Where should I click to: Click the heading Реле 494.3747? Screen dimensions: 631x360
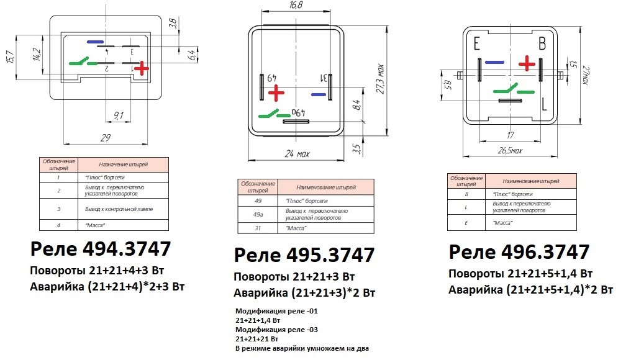(x=101, y=249)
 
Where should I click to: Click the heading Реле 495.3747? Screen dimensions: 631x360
(x=304, y=255)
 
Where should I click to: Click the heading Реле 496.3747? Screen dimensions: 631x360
(x=519, y=252)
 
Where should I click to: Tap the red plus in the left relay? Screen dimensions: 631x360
(x=142, y=68)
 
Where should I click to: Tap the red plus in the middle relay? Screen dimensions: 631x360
(x=276, y=94)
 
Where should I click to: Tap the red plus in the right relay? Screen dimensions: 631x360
(x=527, y=63)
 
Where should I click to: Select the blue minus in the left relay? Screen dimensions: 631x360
(x=95, y=42)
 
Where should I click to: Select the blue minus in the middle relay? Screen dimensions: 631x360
(x=318, y=95)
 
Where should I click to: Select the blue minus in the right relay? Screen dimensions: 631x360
(x=494, y=63)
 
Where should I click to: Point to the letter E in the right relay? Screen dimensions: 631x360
(x=477, y=44)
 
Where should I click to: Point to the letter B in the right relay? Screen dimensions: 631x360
(x=542, y=44)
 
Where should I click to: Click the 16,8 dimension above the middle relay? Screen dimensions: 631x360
(x=296, y=5)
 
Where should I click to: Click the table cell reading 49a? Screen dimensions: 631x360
(x=258, y=214)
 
